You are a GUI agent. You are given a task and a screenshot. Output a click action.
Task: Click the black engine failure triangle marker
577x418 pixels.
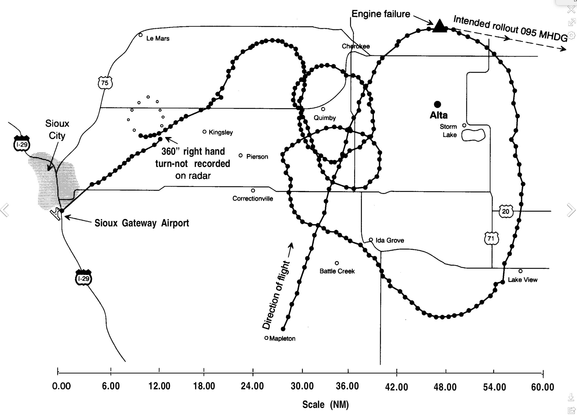pos(439,26)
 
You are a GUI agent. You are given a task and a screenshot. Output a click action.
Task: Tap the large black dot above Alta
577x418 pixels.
pos(437,104)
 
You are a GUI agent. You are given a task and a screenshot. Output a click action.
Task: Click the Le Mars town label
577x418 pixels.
pos(158,38)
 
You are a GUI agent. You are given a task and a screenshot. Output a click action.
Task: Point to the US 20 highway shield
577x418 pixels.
pos(505,212)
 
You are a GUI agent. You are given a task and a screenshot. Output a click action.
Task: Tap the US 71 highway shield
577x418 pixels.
pos(491,238)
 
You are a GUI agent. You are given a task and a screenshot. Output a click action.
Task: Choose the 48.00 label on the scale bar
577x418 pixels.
pos(445,387)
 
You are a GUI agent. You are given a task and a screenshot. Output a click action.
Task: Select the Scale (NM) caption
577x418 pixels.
pos(325,405)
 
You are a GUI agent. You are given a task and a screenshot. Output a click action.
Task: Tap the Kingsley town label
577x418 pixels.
pos(220,132)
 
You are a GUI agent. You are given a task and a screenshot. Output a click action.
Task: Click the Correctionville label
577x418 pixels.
pos(253,199)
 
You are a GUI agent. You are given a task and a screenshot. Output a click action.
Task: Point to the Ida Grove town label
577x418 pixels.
pos(389,240)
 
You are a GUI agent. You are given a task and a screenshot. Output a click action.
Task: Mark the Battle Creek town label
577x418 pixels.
pos(337,271)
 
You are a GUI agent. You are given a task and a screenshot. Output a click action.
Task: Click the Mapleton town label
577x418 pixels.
pos(282,339)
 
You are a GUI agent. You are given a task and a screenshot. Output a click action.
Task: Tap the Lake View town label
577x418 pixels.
pos(523,280)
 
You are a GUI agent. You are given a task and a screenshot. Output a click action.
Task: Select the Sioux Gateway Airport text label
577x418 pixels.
pos(142,223)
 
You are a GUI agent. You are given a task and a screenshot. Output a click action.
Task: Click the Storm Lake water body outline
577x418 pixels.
pos(473,135)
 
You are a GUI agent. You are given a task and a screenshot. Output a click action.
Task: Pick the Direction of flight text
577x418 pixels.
pos(276,295)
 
